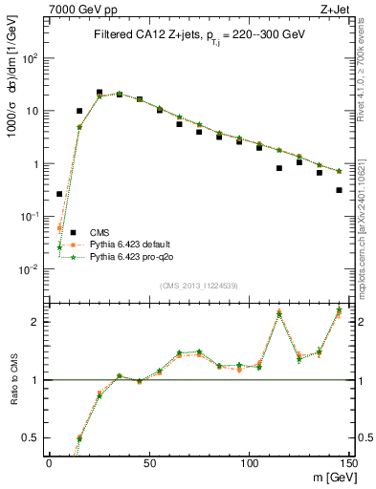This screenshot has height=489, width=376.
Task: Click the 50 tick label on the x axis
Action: [149, 462]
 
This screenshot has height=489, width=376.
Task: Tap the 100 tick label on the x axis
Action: [250, 462]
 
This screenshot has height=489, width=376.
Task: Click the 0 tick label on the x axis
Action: [49, 462]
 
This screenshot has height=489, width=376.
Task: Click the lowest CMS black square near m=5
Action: [59, 194]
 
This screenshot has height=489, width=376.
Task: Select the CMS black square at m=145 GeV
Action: [340, 190]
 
